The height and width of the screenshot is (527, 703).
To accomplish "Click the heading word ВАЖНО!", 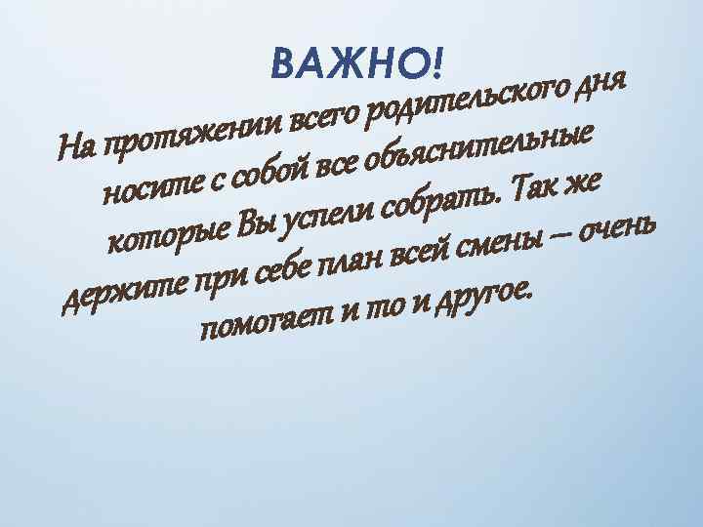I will pyautogui.click(x=356, y=64).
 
